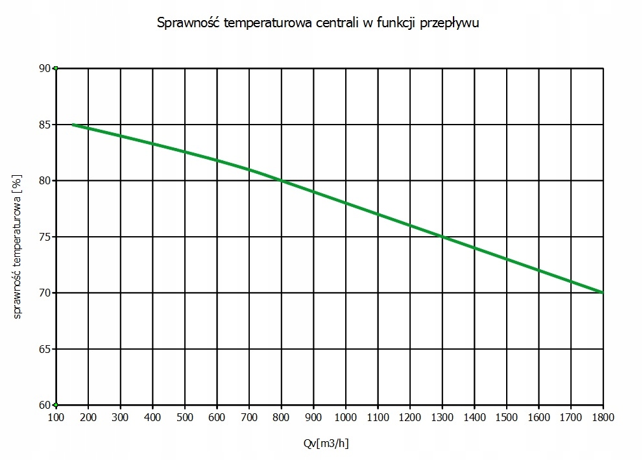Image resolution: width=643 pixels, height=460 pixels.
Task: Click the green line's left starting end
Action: click(x=73, y=125)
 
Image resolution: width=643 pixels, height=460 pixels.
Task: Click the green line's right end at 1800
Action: click(x=602, y=293)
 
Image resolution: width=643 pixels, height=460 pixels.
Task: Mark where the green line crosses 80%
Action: click(x=282, y=180)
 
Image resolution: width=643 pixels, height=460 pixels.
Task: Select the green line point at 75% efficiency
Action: click(x=443, y=237)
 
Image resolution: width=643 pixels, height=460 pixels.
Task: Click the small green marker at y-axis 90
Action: click(x=56, y=68)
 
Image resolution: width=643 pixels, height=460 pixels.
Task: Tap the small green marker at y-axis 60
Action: click(x=56, y=405)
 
